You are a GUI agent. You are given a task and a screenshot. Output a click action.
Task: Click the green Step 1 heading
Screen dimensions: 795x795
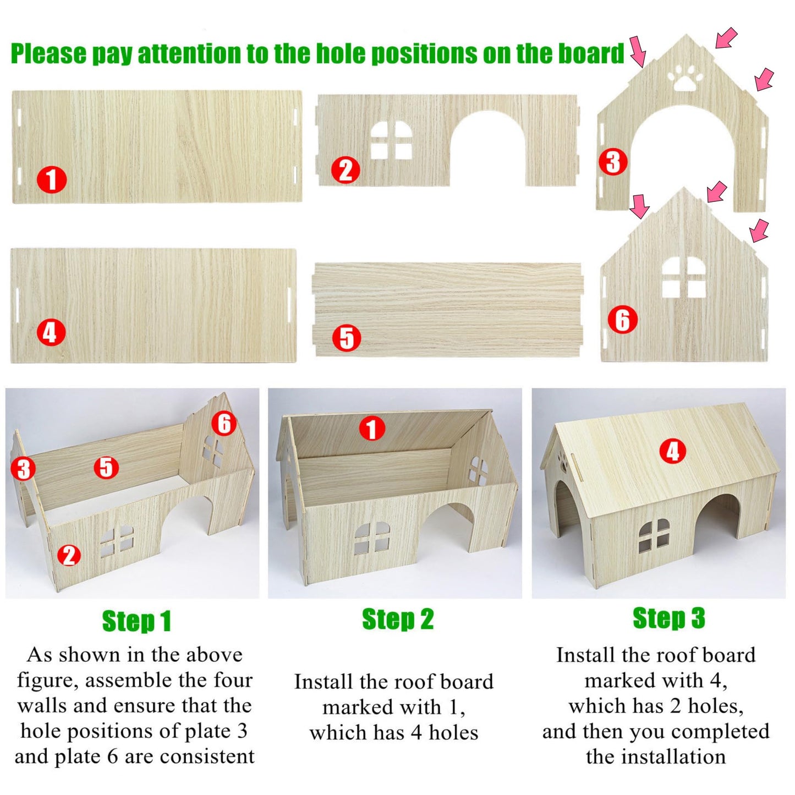136,621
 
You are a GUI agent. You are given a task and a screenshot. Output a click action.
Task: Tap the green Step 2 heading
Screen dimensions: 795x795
398,619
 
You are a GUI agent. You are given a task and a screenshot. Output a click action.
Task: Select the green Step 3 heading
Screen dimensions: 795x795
669,618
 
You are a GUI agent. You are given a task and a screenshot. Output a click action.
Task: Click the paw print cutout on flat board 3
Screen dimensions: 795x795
685,76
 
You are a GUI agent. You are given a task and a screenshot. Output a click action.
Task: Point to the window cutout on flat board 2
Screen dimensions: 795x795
391,140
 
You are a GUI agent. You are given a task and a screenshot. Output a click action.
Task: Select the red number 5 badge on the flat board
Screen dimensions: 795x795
347,338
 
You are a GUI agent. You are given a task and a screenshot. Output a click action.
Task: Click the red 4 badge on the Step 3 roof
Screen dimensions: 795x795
672,451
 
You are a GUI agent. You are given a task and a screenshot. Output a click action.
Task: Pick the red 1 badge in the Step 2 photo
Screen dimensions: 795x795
372,428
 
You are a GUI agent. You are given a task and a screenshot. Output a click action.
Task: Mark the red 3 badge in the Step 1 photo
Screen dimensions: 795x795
23,469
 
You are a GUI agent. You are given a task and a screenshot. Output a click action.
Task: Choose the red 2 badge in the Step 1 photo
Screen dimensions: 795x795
69,555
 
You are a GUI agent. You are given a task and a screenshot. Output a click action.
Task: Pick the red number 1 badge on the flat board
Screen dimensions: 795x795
52,179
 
